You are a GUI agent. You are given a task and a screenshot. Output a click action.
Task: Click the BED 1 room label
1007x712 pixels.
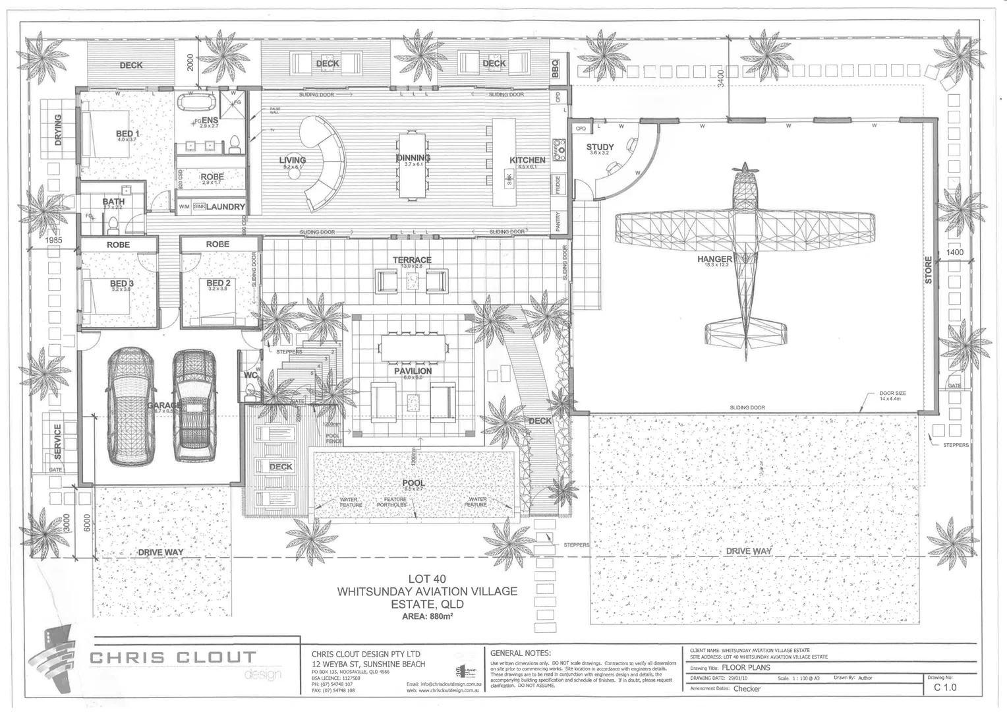tap(127, 134)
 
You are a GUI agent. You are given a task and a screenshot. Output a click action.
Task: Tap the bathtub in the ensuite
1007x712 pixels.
tap(196, 104)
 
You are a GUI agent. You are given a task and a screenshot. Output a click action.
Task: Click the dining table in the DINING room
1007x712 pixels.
tap(413, 166)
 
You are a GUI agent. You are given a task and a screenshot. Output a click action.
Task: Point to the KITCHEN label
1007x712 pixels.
tap(527, 160)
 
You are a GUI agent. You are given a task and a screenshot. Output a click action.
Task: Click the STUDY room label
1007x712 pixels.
tap(600, 147)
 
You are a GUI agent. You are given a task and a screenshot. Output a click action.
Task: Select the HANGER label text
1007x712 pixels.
tap(714, 259)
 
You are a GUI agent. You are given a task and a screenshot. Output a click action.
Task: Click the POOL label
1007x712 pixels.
tap(413, 483)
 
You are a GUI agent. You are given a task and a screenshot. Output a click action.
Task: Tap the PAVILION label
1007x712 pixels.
tap(413, 371)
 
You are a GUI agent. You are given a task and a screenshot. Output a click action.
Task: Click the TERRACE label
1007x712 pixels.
tap(412, 260)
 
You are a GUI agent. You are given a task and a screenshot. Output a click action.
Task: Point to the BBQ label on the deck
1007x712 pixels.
tap(555, 67)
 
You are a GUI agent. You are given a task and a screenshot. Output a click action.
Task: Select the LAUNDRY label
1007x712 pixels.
tap(225, 207)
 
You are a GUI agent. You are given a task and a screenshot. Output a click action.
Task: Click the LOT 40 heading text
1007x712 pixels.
tap(427, 579)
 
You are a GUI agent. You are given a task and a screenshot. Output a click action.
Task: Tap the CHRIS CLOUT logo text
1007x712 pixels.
tap(173, 657)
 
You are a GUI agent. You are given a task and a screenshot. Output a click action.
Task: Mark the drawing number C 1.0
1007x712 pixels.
tap(945, 688)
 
